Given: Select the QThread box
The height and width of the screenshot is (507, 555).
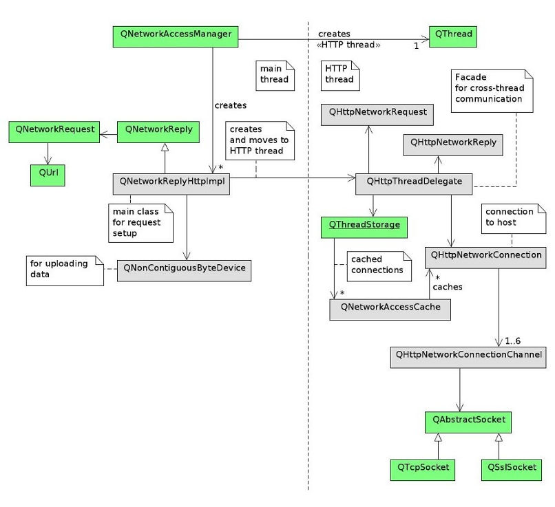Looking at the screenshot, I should (x=451, y=36).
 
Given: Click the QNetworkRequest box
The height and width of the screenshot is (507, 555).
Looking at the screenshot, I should (x=53, y=131).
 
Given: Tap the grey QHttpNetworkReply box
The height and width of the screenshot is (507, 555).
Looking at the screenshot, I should (x=452, y=144).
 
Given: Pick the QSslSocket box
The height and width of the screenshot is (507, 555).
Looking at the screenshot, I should (x=508, y=469).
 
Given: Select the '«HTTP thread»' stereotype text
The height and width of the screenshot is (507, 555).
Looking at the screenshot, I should (x=349, y=45).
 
